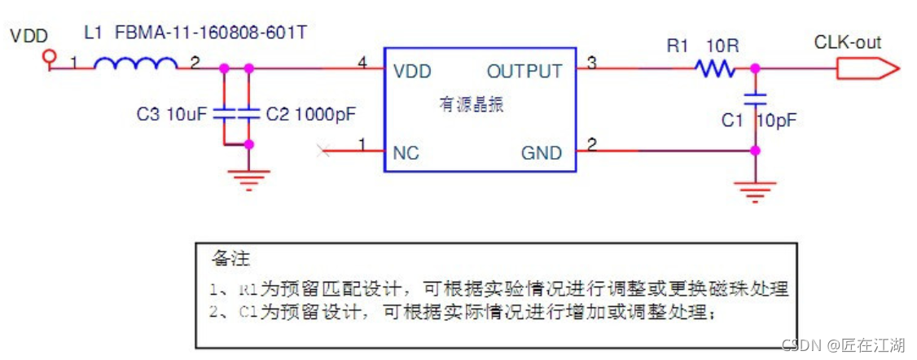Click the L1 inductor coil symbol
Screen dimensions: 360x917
135,64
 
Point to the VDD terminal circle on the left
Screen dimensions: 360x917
50,56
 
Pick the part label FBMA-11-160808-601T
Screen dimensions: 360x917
213,34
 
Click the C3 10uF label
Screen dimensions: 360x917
172,115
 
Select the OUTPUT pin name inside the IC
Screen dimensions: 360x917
524,71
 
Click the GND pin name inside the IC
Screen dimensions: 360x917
542,153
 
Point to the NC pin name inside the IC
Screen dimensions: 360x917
406,153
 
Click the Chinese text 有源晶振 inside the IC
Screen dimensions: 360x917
472,105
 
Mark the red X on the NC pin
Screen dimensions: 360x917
324,150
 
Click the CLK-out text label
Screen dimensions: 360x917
847,42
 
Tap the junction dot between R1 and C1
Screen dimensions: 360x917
756,69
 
